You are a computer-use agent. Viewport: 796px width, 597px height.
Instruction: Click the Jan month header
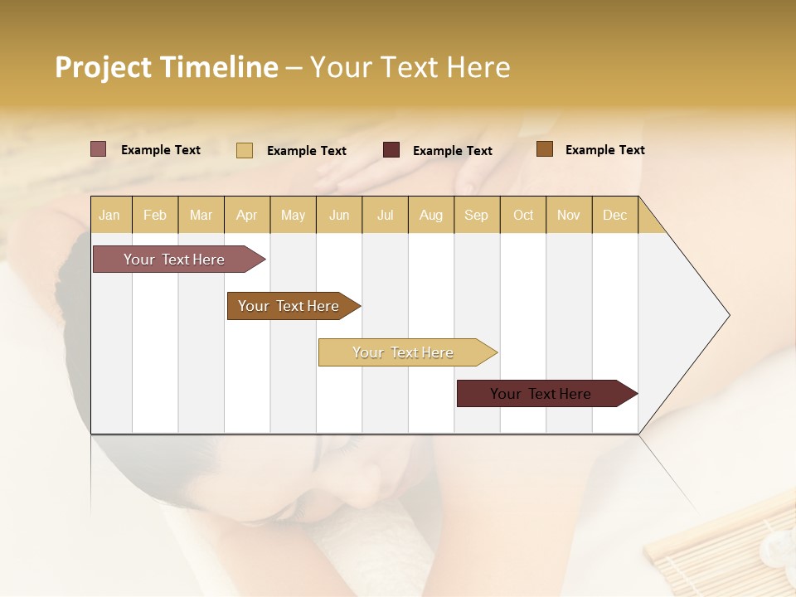[109, 215]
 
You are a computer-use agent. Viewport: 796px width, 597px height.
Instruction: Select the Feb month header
[155, 215]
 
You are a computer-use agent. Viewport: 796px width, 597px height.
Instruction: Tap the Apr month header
[246, 215]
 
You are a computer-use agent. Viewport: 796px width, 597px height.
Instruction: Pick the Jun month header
[339, 215]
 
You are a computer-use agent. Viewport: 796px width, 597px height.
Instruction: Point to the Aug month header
[430, 215]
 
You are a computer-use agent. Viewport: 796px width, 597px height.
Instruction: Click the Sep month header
[476, 215]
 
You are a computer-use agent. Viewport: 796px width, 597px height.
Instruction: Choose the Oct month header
[523, 215]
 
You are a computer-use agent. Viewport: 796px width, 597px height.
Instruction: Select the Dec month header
[614, 215]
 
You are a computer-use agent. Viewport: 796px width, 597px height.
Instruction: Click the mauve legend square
[99, 149]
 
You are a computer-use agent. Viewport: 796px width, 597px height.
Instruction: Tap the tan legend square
[245, 150]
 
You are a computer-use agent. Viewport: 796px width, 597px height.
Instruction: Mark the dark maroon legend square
[391, 150]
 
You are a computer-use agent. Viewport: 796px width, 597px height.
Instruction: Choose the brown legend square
[545, 149]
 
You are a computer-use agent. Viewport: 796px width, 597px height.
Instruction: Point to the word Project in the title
[104, 67]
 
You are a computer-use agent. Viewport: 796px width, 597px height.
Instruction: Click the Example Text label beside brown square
[604, 150]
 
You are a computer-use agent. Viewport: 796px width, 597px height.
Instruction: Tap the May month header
[293, 215]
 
